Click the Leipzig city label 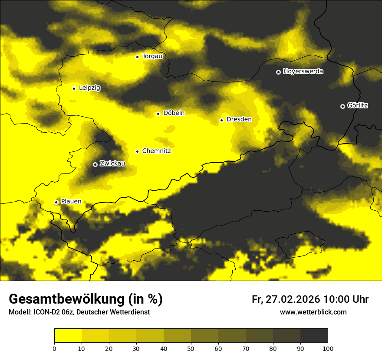89,88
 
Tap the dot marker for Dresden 221,120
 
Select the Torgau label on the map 152,56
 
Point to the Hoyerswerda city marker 278,72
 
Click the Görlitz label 358,106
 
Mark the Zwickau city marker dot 95,164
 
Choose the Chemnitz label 156,151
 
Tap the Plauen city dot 56,202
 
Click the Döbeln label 174,113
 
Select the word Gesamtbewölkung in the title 66,299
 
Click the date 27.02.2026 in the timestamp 292,299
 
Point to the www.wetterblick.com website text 313,312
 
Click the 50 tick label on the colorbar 191,348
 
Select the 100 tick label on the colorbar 328,348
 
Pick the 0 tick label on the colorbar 54,348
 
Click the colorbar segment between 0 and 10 68,336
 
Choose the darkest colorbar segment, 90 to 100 314,336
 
